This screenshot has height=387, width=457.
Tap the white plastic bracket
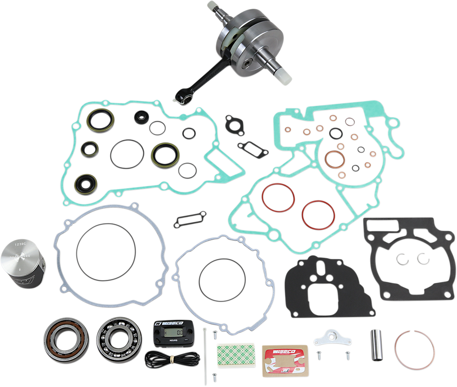pyautogui.click(x=331, y=338)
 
